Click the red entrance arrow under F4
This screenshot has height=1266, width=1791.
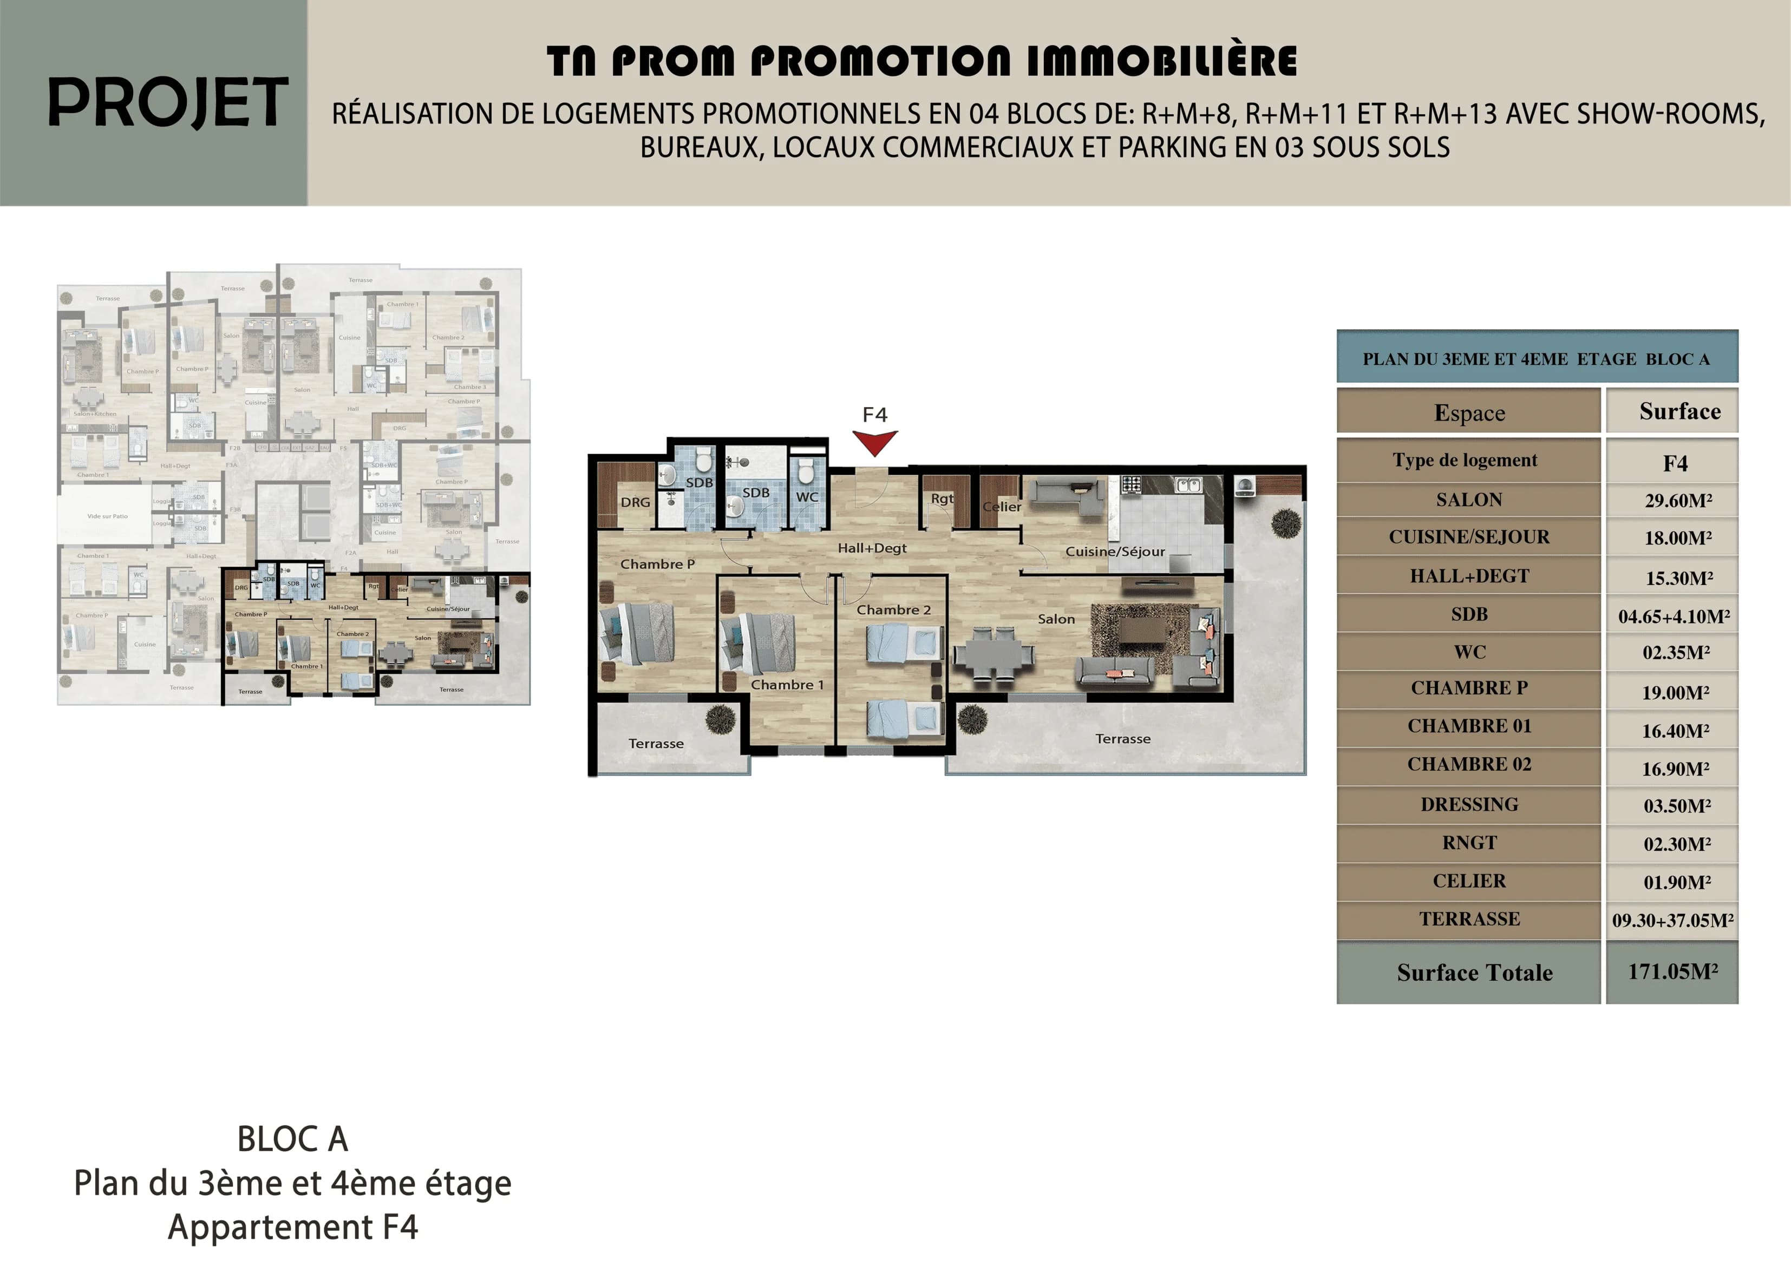tap(874, 442)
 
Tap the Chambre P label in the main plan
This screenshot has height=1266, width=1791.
tap(657, 564)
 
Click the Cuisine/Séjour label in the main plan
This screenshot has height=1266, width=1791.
tap(1115, 552)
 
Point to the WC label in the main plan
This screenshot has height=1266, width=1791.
tap(807, 497)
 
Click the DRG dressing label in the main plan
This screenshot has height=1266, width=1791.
tap(635, 502)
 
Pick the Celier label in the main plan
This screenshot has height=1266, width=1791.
tap(1002, 506)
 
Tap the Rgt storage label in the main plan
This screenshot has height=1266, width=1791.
tap(942, 498)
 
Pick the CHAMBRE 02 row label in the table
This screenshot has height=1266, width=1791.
tap(1469, 764)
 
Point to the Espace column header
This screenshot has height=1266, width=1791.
tap(1469, 412)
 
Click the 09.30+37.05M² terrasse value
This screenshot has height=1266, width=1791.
tap(1672, 921)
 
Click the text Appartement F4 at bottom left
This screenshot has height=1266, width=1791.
tap(292, 1227)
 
